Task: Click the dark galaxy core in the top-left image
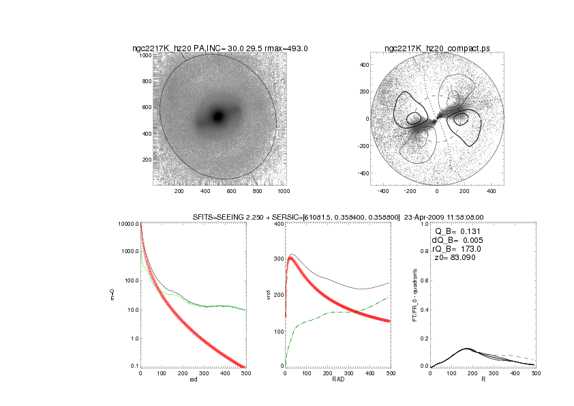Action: point(218,116)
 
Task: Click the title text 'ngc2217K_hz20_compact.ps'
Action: point(436,48)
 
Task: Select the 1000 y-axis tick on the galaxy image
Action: point(145,55)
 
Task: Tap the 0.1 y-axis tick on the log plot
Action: point(134,366)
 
